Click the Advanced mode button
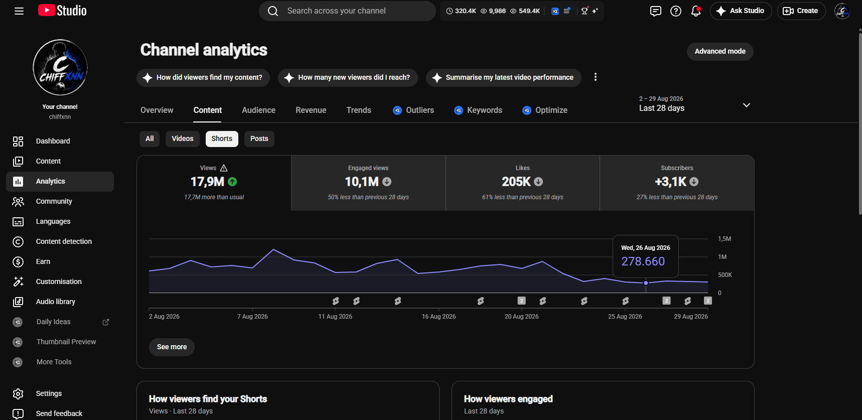click(x=720, y=51)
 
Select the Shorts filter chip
click(x=222, y=138)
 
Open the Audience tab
click(x=258, y=110)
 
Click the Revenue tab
click(x=311, y=110)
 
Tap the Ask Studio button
click(x=741, y=11)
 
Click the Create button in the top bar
click(x=801, y=11)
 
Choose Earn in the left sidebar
click(x=43, y=261)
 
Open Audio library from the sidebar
click(x=56, y=302)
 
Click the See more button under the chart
click(x=172, y=347)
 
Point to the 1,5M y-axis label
click(x=725, y=239)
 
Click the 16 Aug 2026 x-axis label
click(x=439, y=317)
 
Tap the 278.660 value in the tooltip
click(x=643, y=261)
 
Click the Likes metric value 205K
click(x=516, y=182)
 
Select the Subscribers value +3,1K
click(x=670, y=182)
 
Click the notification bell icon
click(x=696, y=11)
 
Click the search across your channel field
click(x=347, y=11)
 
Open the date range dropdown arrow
click(x=747, y=105)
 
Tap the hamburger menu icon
click(x=19, y=11)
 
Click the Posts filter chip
click(x=259, y=138)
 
